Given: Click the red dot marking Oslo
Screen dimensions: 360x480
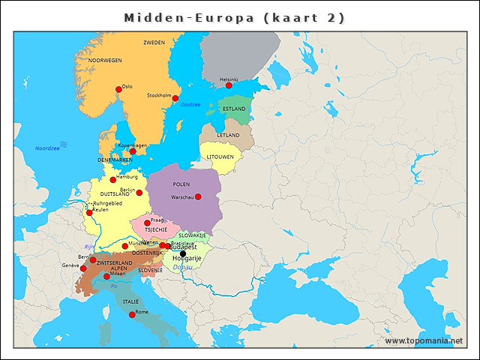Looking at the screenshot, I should [118, 89].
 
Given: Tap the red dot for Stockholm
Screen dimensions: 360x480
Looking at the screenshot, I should [175, 98].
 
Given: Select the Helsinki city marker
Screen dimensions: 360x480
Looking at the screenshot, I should [229, 85].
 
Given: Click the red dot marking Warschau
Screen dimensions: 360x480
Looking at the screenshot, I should [198, 196].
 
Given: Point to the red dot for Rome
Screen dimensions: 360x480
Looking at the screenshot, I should [132, 315].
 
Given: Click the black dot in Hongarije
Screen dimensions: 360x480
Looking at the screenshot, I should [183, 253].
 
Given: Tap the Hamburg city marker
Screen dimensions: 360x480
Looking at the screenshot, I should [113, 180].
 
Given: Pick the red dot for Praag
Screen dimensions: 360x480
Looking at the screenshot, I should [147, 223].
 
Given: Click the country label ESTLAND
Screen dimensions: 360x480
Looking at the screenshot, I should [234, 109].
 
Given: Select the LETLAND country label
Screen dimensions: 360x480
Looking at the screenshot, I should [228, 135].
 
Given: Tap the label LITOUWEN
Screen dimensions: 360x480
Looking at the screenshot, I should [220, 157].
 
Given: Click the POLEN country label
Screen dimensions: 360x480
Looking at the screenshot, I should [181, 184].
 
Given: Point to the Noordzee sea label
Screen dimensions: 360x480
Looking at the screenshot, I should [46, 148].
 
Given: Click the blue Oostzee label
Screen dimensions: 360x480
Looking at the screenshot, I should [190, 104].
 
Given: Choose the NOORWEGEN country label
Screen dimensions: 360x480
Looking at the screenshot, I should [105, 60].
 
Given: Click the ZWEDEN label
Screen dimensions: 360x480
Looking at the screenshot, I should [154, 43].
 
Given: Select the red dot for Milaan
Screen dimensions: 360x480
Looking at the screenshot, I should [106, 276].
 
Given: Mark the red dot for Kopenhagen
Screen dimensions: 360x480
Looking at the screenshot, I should [133, 151].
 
